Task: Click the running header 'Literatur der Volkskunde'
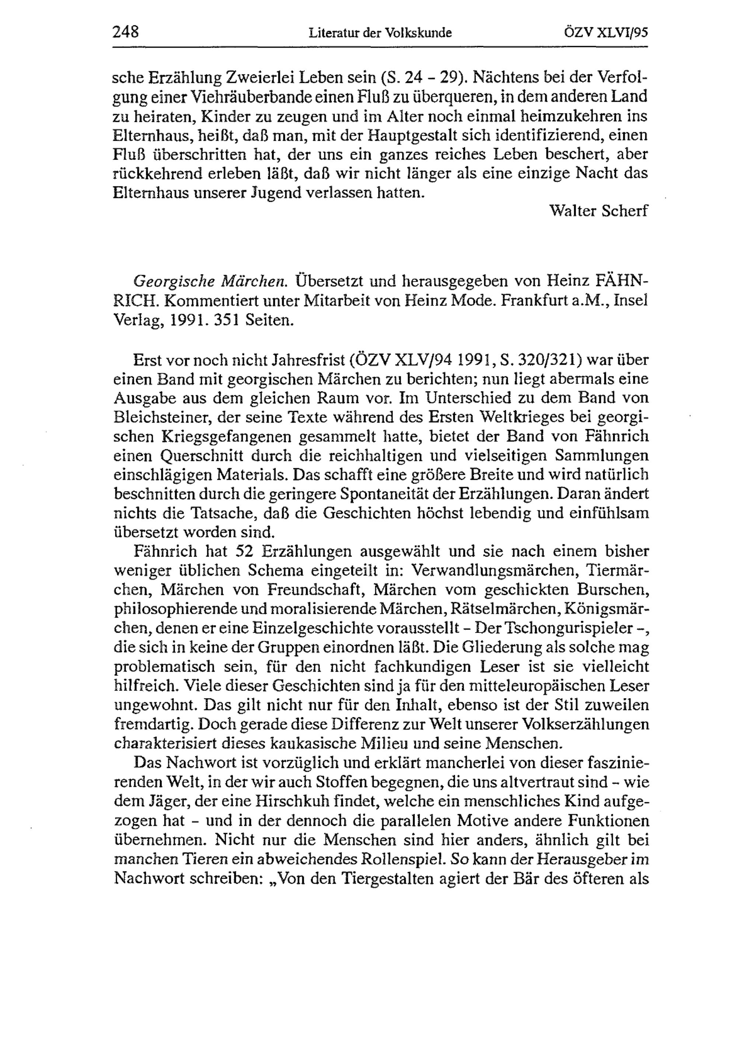[x=380, y=33]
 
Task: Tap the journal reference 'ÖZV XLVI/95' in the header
[x=606, y=33]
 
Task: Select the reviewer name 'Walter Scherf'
[x=598, y=211]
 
